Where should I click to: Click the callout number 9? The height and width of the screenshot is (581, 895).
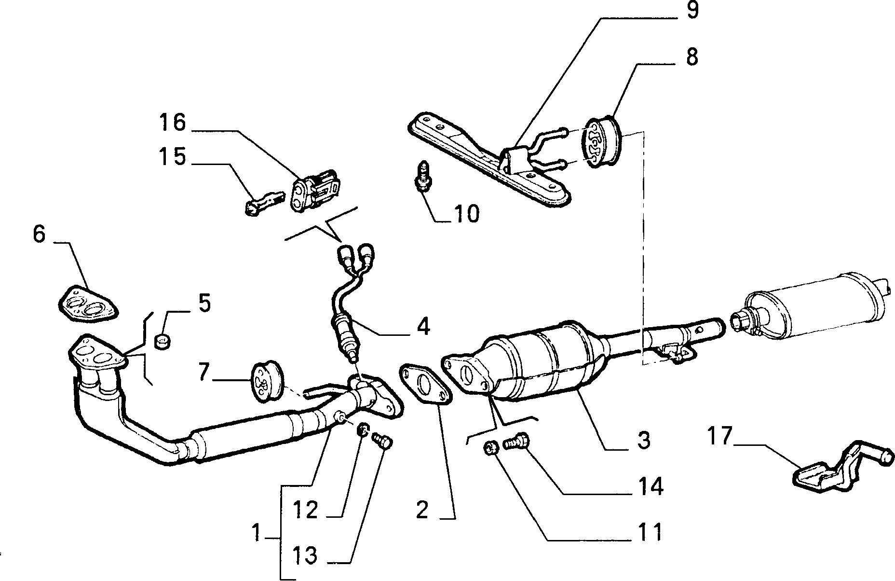coord(692,10)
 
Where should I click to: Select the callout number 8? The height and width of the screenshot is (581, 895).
coord(692,57)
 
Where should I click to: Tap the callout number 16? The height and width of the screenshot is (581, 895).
coord(173,123)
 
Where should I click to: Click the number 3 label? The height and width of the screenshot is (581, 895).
coord(644,440)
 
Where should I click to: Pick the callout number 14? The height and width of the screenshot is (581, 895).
coord(651,486)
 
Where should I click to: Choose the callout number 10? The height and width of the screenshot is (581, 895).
coord(466,213)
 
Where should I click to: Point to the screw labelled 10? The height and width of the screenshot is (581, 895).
coord(423,176)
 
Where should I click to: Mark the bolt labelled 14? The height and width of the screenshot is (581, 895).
coord(516,442)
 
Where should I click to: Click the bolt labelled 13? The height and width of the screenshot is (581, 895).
coord(383,440)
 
